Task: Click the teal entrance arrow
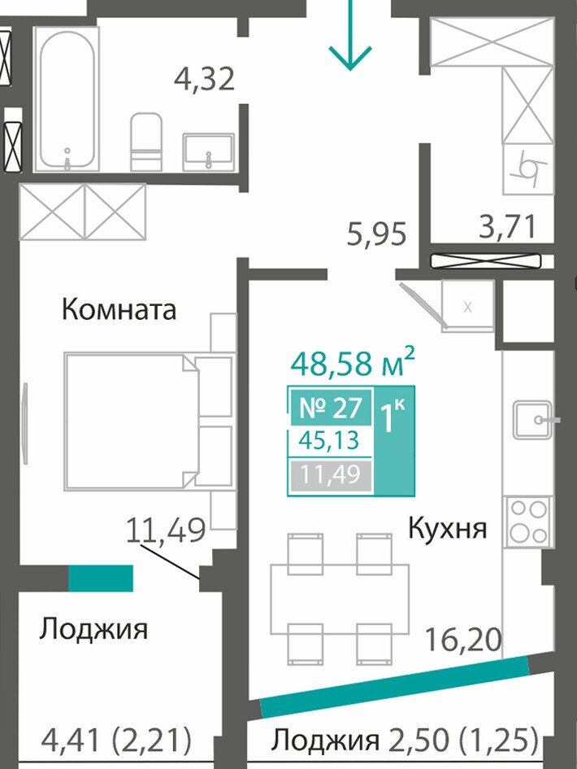(x=350, y=34)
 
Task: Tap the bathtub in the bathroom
(x=67, y=99)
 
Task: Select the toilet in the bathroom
(x=146, y=142)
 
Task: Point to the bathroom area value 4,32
(x=205, y=79)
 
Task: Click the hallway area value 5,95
(x=376, y=234)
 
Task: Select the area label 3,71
(x=506, y=226)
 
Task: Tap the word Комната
(x=119, y=309)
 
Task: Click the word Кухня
(x=448, y=529)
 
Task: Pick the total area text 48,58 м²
(x=353, y=362)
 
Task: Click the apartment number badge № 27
(x=331, y=408)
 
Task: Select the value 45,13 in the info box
(x=330, y=441)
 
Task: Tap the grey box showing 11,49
(x=331, y=474)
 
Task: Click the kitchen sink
(x=534, y=420)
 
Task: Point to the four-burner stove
(x=528, y=521)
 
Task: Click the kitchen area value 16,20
(x=463, y=640)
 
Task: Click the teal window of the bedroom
(x=101, y=579)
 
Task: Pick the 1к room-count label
(x=393, y=417)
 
